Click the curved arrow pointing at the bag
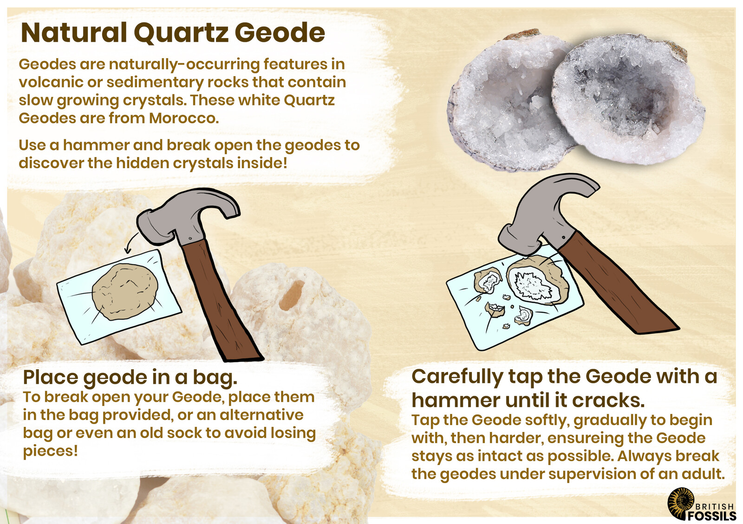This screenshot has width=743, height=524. [132, 242]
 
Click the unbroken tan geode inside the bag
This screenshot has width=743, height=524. [124, 292]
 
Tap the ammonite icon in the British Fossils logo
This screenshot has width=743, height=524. [680, 503]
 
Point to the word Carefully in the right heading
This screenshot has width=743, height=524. [457, 377]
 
